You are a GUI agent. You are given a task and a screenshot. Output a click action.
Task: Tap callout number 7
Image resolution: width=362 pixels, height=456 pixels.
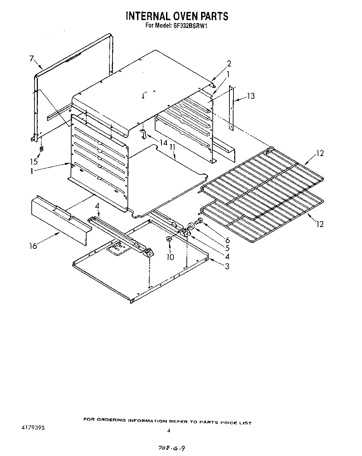point(32,59)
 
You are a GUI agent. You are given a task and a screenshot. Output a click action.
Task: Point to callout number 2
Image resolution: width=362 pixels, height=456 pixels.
point(229,63)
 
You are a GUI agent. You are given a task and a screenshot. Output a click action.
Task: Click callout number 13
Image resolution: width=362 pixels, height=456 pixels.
point(251,96)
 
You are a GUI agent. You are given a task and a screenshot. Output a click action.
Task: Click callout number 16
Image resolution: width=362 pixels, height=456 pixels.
point(33,245)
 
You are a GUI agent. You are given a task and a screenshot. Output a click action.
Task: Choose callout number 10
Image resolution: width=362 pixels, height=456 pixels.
point(170,257)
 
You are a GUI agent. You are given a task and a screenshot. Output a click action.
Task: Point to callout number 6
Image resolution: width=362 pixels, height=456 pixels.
point(227,240)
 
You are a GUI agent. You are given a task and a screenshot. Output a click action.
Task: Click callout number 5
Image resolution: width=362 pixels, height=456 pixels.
point(227,248)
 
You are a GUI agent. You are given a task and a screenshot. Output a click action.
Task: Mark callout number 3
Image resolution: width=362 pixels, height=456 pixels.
point(227,267)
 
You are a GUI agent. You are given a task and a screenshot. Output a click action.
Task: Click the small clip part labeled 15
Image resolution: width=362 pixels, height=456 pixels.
point(41,149)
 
